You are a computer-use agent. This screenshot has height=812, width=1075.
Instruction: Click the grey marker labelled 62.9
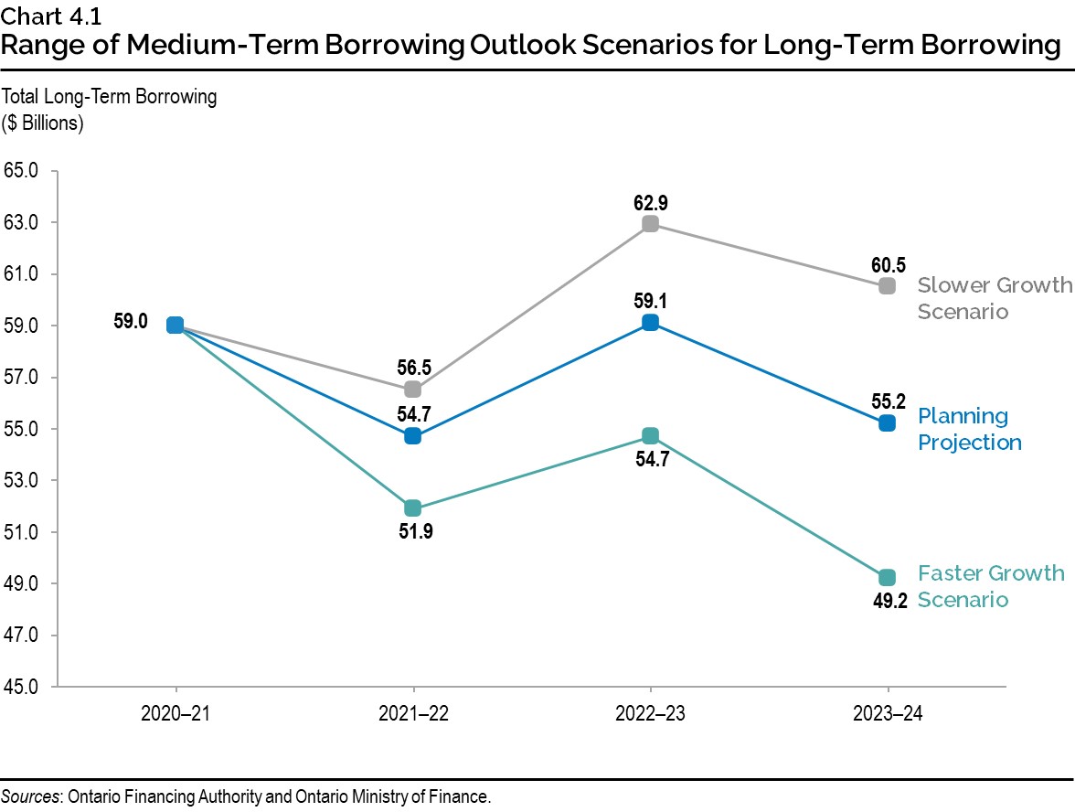[x=650, y=224]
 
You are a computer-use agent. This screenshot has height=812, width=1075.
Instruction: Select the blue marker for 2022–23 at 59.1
[x=650, y=322]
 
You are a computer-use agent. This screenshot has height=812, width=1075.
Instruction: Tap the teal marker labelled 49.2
[x=887, y=577]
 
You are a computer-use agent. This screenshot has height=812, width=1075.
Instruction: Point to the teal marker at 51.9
[x=412, y=507]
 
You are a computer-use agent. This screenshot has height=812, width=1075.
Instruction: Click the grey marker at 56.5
[x=412, y=390]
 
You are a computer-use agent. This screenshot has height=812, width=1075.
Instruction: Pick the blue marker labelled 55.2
[x=887, y=422]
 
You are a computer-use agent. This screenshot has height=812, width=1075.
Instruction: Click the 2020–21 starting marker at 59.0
[x=176, y=325]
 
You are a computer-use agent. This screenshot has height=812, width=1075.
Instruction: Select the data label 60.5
[x=887, y=264]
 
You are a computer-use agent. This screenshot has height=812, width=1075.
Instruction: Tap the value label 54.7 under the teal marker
[x=650, y=460]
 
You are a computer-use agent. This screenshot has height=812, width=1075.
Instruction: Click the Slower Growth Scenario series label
[x=994, y=298]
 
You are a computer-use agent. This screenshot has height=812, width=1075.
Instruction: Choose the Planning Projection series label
[x=969, y=429]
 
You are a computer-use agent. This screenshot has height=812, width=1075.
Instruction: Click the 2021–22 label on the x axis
[x=412, y=715]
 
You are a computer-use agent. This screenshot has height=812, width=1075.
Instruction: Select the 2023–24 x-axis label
[x=887, y=715]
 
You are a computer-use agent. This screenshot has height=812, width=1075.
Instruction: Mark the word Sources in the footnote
[x=28, y=796]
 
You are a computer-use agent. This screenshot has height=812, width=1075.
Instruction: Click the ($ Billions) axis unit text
[x=43, y=122]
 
